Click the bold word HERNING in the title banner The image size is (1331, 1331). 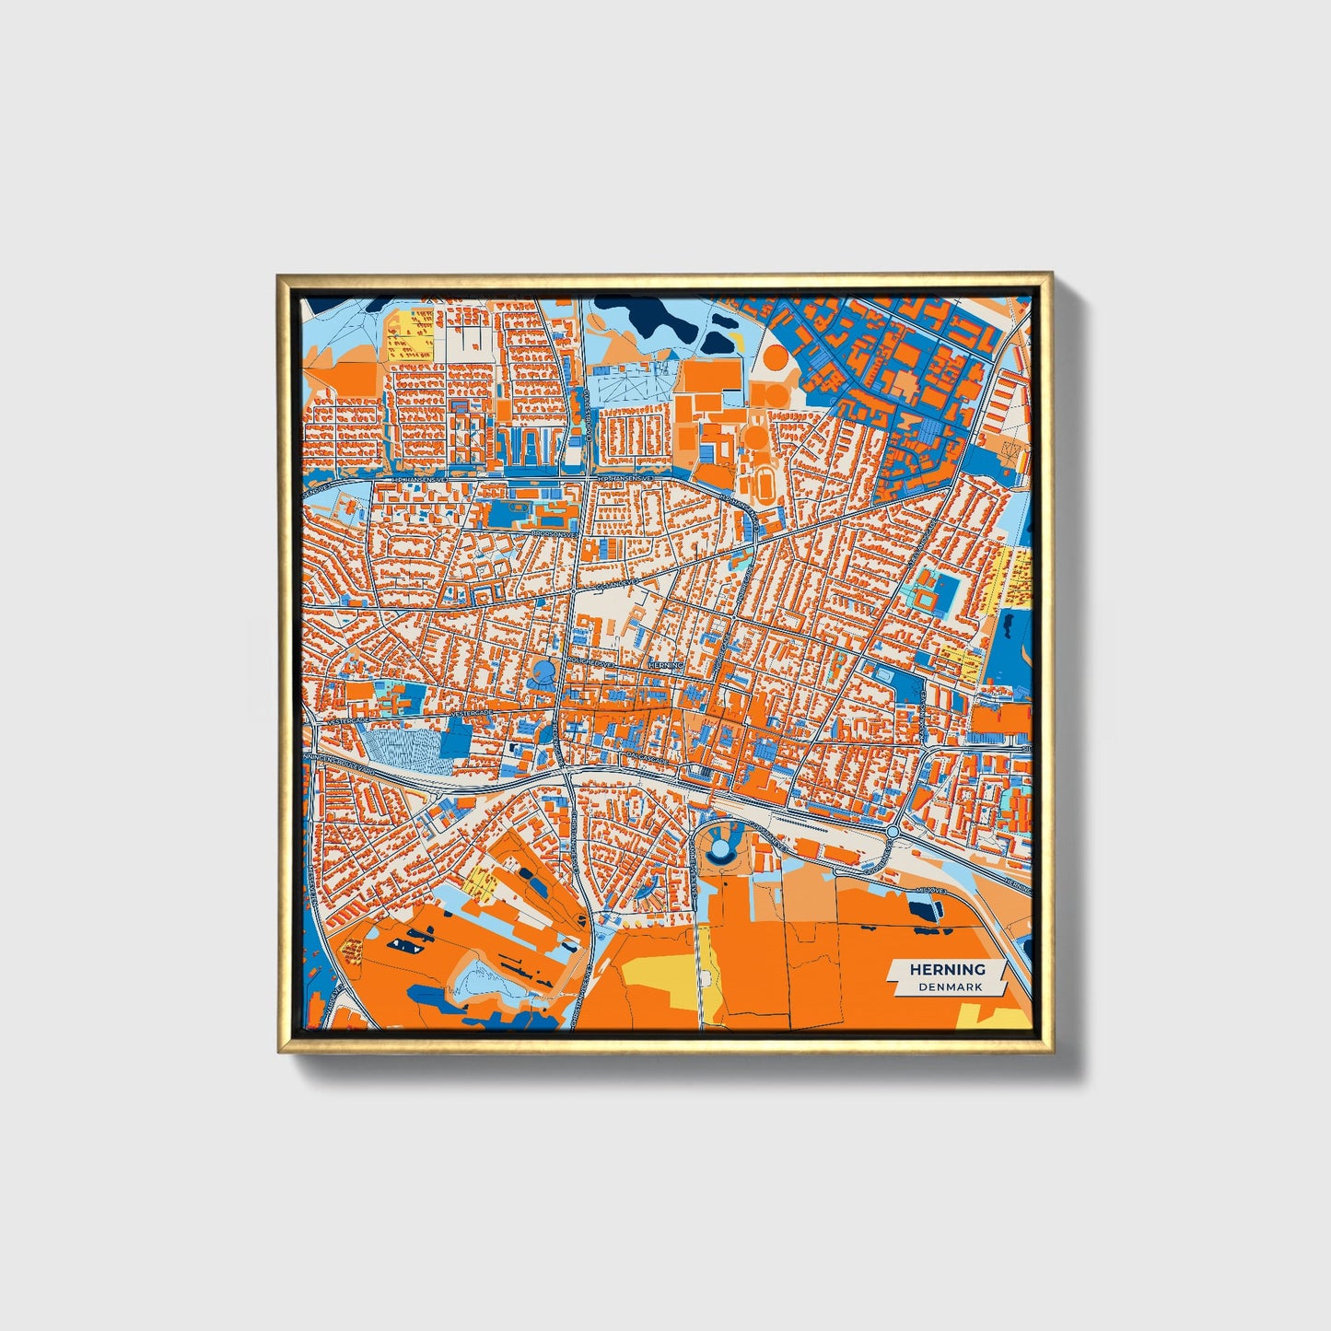(x=947, y=969)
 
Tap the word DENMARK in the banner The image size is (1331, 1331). (x=950, y=987)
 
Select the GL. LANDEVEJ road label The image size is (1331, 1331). (x=616, y=585)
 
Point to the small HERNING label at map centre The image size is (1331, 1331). (x=665, y=665)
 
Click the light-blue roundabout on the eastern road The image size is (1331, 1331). (x=892, y=832)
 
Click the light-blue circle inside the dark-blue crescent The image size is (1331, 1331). (x=719, y=841)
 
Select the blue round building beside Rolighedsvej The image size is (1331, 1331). (x=543, y=670)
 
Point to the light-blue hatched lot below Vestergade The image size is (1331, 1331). (x=403, y=748)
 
